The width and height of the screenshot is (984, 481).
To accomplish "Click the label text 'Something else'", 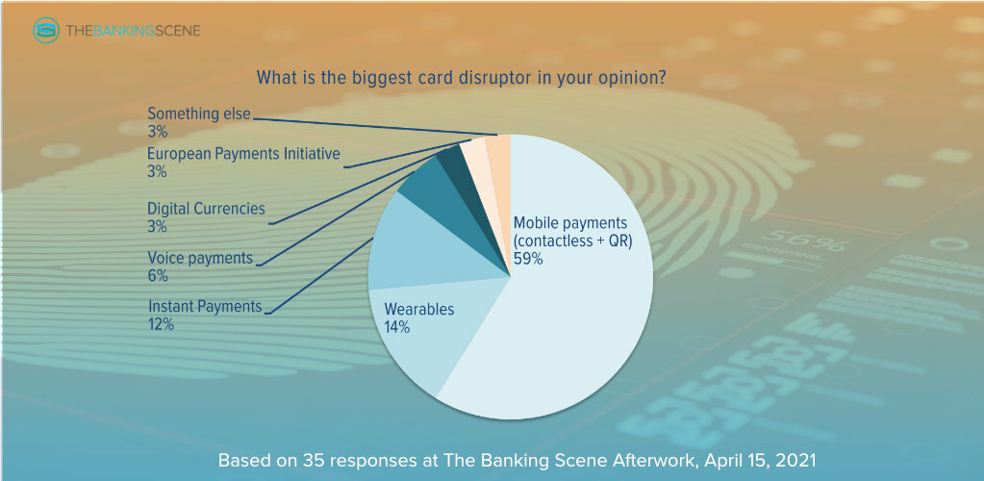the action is pos(199,114).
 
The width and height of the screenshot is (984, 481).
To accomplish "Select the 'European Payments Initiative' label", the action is pos(243,153).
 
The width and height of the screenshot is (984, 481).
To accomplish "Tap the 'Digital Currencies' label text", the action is pos(206,209).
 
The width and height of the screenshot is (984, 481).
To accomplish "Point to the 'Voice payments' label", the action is pos(199,258).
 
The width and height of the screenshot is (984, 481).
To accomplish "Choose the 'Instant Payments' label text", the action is pos(204,307).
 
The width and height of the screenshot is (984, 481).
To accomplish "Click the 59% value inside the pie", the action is pos(528,258).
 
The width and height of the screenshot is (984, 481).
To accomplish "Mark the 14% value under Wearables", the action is pos(396,327).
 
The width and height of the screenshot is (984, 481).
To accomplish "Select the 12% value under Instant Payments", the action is pos(161,324).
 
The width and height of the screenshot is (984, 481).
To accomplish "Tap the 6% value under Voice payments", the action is pos(158,276).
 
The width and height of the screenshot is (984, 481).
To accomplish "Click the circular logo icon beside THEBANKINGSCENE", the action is pos(46,30).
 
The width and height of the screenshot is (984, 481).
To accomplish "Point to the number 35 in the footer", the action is pos(318,460).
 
